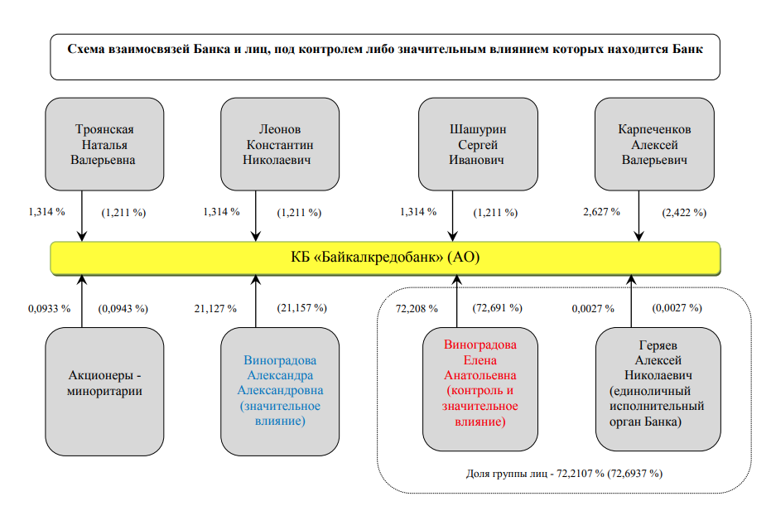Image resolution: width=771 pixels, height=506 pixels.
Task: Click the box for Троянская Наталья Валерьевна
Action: click(104, 144)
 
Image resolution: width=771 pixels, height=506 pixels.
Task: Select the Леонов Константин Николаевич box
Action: click(280, 144)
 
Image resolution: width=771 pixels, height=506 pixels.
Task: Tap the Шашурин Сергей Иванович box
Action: click(478, 144)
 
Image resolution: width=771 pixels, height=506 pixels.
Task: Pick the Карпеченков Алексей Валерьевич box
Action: click(654, 144)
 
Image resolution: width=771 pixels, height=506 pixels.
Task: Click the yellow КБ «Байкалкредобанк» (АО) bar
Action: click(386, 258)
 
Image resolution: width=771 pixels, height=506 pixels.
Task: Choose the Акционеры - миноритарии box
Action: click(104, 392)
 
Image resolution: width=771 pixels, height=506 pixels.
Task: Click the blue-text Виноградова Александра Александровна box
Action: click(280, 392)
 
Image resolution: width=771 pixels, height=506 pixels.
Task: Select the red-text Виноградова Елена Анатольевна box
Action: click(480, 389)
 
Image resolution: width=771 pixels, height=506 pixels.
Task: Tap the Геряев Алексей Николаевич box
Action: click(658, 389)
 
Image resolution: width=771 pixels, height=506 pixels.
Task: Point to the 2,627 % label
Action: click(601, 212)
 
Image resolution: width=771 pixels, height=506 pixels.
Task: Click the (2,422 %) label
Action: click(684, 213)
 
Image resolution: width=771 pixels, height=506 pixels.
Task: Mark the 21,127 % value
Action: click(215, 308)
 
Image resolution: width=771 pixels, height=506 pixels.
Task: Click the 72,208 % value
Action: click(417, 308)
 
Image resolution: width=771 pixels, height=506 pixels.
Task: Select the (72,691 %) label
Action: click(497, 308)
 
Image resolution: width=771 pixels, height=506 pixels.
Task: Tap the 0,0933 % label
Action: click(49, 308)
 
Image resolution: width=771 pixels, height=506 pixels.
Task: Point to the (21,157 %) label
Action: click(301, 308)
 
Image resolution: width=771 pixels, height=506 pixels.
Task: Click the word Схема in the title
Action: click(86, 49)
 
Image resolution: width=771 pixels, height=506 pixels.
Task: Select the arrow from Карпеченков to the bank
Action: click(638, 216)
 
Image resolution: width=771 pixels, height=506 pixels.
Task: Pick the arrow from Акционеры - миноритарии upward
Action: click(82, 301)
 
